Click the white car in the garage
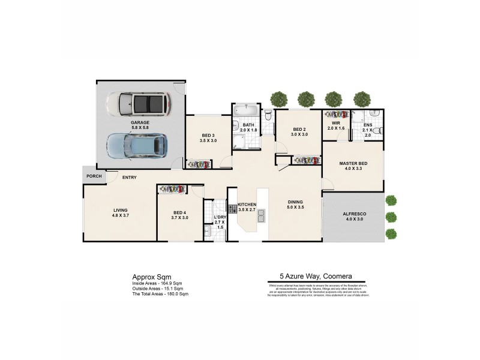139,104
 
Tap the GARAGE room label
140,122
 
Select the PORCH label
94,176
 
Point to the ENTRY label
129,178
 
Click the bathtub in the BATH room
247,111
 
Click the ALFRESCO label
355,214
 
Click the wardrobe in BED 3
198,164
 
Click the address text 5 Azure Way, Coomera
317,278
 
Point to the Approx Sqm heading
147,278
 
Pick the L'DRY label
219,218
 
